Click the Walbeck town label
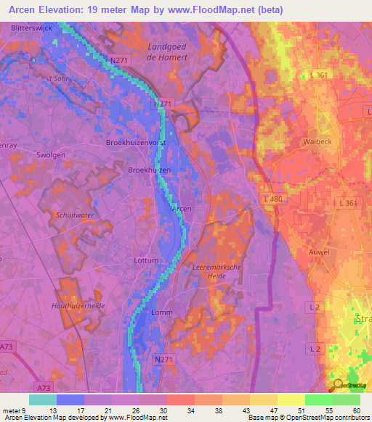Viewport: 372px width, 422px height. (x=317, y=142)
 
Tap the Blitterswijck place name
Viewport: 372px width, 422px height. (x=34, y=27)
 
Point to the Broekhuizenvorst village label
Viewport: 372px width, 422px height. (x=137, y=143)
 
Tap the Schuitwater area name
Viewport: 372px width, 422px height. (x=76, y=215)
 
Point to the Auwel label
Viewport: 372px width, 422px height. (x=319, y=252)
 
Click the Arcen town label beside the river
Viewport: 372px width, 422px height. (x=182, y=208)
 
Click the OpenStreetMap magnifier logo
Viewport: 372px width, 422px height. (x=338, y=386)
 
